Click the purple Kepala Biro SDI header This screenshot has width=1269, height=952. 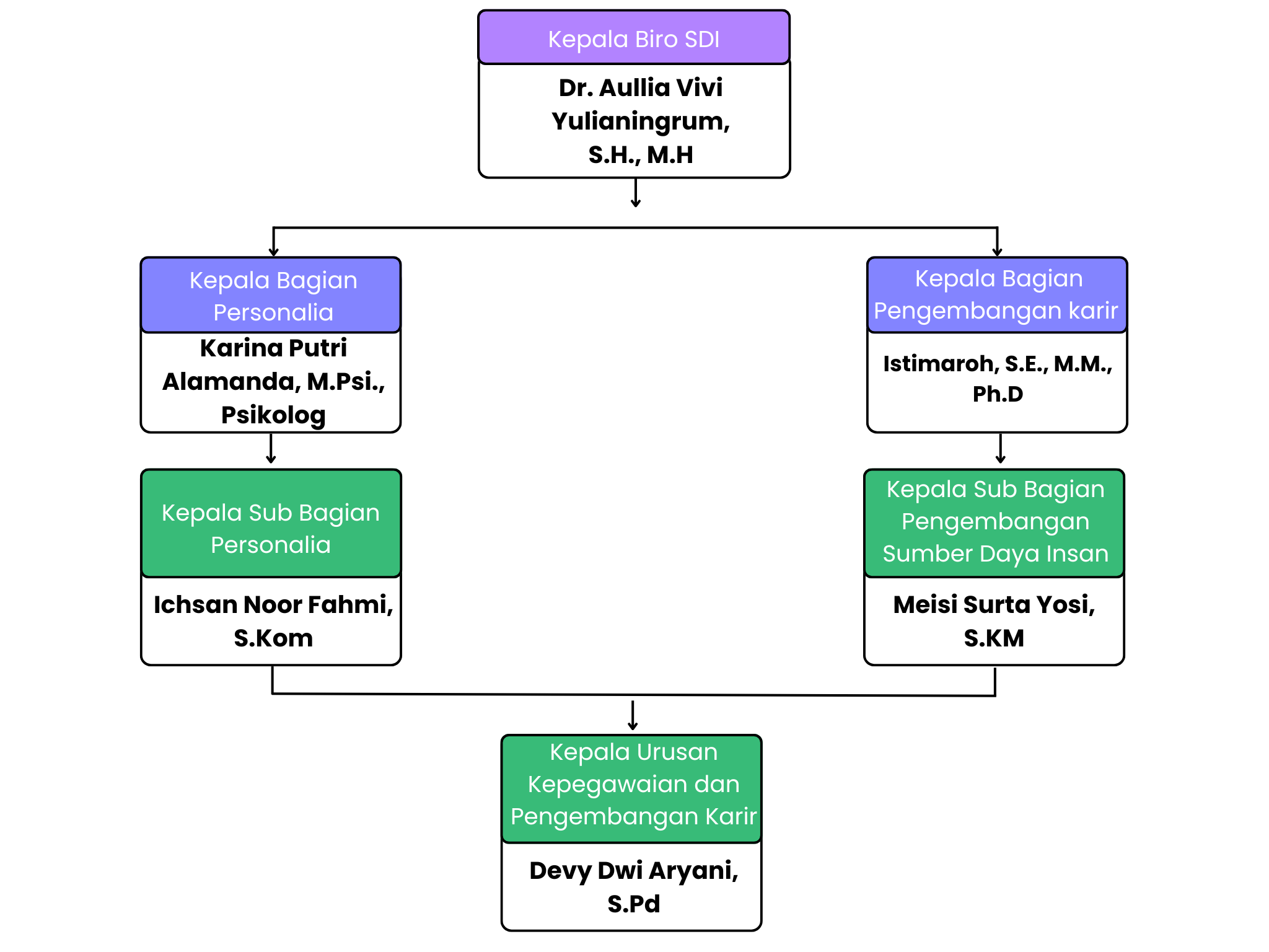[634, 39]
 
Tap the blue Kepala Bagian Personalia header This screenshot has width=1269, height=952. [273, 296]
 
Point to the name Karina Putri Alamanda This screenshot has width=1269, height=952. [273, 365]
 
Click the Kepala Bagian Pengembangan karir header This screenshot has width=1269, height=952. [997, 294]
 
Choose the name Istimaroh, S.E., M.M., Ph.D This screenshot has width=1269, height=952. [997, 364]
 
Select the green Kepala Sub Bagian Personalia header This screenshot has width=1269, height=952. [271, 528]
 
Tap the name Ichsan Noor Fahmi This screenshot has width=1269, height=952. [273, 605]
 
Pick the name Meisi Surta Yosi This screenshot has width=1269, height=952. [994, 605]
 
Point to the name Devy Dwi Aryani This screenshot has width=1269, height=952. [633, 871]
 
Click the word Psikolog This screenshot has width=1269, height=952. [273, 415]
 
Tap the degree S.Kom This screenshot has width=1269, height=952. [273, 638]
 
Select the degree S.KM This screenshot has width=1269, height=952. [994, 638]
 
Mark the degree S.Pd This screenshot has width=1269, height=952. [633, 904]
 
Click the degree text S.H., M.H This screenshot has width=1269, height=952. [640, 155]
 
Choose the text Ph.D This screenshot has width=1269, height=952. [998, 394]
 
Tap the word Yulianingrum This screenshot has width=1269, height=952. [640, 121]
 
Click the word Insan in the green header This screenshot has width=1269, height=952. [1078, 553]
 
